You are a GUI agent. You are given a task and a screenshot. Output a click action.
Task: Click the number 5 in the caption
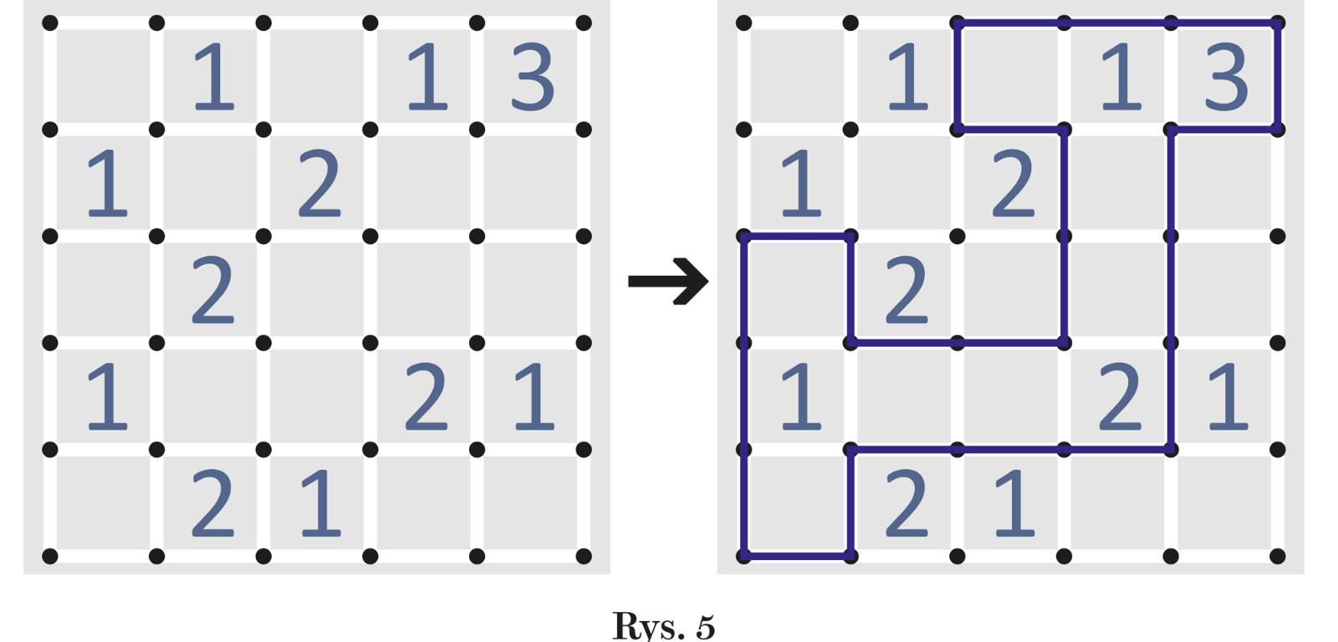[x=705, y=625]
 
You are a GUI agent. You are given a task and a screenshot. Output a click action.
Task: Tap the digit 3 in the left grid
[x=532, y=78]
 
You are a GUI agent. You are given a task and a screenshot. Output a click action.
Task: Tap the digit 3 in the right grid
[x=1226, y=78]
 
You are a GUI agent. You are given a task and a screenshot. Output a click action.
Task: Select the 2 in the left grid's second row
[x=319, y=184]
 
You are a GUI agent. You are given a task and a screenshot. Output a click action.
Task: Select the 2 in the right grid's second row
[x=1014, y=184]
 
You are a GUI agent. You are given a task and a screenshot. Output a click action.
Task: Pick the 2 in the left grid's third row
[x=212, y=291]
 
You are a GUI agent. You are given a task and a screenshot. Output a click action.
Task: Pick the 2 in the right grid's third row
[x=906, y=291]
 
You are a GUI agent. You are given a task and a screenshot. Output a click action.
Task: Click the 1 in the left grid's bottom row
[x=320, y=503]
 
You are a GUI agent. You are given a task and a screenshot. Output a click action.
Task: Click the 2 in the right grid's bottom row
[x=906, y=503]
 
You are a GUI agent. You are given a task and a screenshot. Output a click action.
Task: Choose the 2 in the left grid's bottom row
[x=212, y=503]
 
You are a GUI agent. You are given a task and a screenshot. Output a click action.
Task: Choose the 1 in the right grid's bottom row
[x=1014, y=503]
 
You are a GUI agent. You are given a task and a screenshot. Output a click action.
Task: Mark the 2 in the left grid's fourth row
[x=426, y=397]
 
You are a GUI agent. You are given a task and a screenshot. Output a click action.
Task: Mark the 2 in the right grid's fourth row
[x=1120, y=397]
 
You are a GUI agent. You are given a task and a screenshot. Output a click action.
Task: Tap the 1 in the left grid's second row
[x=107, y=184]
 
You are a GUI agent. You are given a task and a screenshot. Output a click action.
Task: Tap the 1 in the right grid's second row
[x=800, y=184]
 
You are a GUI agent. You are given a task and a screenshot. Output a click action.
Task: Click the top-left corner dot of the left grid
[x=50, y=23]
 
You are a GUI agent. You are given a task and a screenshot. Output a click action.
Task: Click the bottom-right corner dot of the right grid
[x=1277, y=556]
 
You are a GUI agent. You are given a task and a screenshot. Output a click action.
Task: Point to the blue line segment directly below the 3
[x=1224, y=130]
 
